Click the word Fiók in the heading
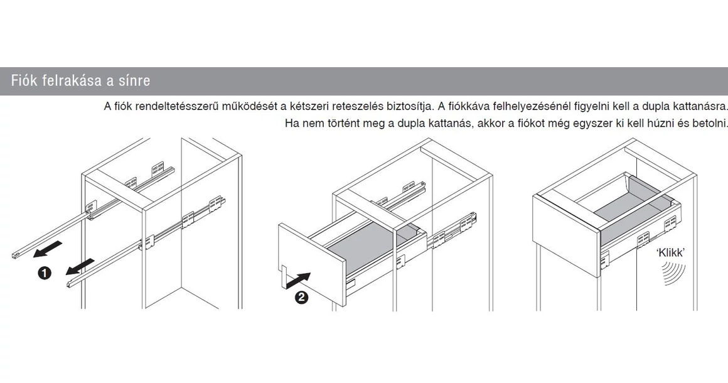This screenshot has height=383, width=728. tap(24, 82)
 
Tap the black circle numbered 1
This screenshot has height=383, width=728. tap(45, 274)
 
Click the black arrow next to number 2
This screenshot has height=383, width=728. tap(299, 280)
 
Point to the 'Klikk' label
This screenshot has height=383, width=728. tap(670, 253)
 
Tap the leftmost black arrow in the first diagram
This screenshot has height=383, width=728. tap(48, 251)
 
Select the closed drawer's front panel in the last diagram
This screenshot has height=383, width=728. tap(565, 220)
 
